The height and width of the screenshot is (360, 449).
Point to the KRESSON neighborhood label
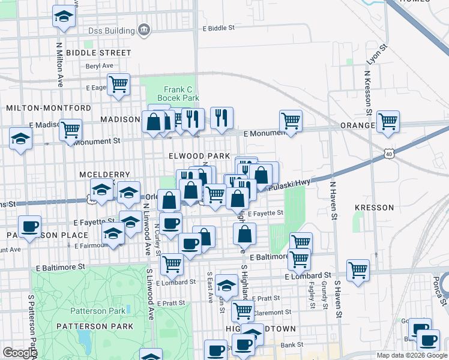(374, 208)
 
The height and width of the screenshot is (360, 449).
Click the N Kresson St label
(367, 96)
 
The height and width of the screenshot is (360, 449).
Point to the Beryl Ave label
(100, 66)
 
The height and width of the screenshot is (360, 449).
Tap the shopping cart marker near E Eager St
(119, 83)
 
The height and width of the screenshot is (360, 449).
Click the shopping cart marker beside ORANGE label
(388, 121)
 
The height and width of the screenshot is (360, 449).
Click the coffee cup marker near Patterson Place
(29, 226)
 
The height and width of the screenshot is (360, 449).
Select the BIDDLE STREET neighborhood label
(98, 53)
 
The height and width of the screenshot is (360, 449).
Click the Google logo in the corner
(20, 353)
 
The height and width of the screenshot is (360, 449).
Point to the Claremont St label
(272, 313)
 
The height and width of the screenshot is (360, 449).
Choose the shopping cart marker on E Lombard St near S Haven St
(358, 269)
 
